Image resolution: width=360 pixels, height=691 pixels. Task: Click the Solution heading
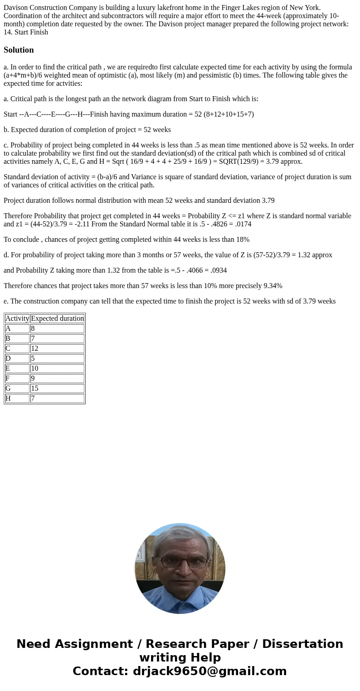19,50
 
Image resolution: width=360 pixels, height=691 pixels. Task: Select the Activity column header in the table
17,319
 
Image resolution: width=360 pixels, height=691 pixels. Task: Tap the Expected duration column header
57,319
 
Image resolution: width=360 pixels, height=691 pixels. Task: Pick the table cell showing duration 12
57,348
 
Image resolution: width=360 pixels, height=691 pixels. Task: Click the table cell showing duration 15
57,388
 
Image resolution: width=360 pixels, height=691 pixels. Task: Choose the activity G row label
17,388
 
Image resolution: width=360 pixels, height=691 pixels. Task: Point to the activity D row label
17,358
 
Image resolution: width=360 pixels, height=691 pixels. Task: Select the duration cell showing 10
57,368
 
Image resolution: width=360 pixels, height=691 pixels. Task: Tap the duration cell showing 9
57,378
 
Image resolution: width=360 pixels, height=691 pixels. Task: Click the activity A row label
17,328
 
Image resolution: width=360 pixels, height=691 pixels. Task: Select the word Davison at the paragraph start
16,7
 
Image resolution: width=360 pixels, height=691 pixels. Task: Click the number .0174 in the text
243,224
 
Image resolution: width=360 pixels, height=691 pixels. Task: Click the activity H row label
17,398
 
